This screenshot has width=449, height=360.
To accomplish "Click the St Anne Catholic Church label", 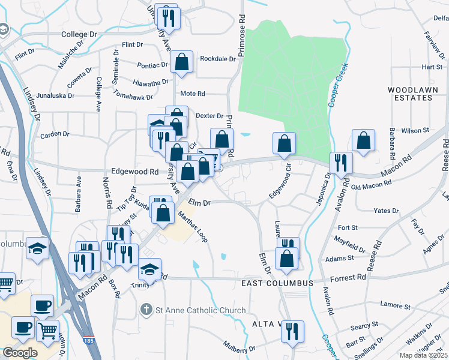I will coord(200,310).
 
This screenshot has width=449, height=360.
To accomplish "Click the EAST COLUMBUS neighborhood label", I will coord(277,283).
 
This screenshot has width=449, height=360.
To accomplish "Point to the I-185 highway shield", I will coord(89,340).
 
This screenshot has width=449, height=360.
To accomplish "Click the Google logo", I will coord(19,353).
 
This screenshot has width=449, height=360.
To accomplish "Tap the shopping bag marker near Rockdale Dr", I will coord(181,62).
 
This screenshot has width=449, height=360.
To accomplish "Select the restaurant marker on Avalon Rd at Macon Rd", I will coord(341,163).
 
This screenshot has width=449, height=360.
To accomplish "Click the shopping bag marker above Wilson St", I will coord(363,140).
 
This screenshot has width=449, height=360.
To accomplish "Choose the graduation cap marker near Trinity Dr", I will coord(150,270).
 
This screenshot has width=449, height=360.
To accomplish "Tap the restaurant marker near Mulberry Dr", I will coord(292,331).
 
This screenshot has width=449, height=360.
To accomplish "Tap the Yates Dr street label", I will coord(386,211).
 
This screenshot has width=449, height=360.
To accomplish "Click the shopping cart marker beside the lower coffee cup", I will coord(48,329).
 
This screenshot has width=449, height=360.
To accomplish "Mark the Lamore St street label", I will coord(396,306).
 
